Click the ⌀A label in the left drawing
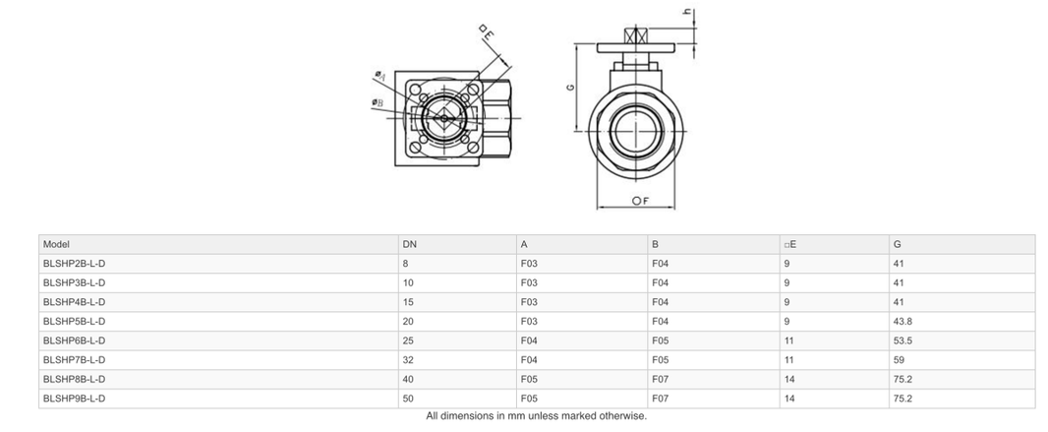tap(379, 75)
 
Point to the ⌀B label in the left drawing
tap(378, 102)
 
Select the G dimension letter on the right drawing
tap(570, 88)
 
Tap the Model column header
tap(56, 244)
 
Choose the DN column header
tap(409, 244)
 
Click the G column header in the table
tap(897, 244)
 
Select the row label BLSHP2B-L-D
tap(74, 264)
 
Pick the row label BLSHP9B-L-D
tap(74, 399)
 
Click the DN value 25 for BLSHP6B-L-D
tap(408, 340)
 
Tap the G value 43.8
tap(902, 322)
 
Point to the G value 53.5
tap(902, 340)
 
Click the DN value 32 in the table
tap(408, 360)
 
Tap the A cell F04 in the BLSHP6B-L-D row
tap(529, 340)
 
